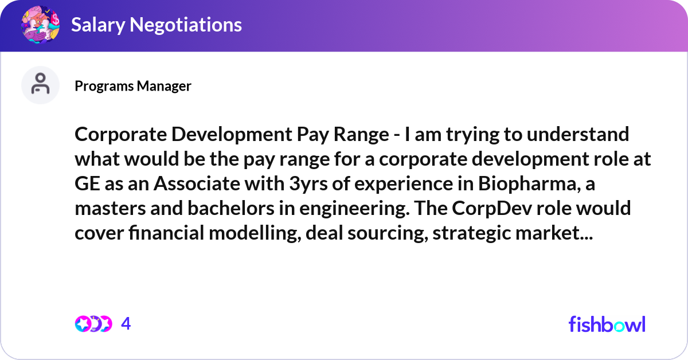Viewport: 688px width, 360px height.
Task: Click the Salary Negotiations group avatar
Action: pos(41,25)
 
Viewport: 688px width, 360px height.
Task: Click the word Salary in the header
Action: pos(98,25)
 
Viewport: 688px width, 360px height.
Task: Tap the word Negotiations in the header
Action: pos(186,25)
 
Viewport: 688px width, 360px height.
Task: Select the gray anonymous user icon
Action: pos(40,85)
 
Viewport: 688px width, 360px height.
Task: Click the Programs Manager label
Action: pos(132,86)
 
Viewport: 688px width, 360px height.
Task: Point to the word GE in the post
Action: pos(87,183)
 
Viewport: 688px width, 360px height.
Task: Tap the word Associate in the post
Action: pos(197,183)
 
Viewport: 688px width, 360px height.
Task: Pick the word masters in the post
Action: pos(110,209)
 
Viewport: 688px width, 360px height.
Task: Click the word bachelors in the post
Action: pos(230,208)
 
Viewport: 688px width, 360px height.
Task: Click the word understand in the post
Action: pos(578,134)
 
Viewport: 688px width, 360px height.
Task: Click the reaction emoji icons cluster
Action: pos(93,324)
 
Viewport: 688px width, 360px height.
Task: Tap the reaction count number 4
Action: pos(126,324)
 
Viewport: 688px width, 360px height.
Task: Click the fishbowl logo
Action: pos(607,324)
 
